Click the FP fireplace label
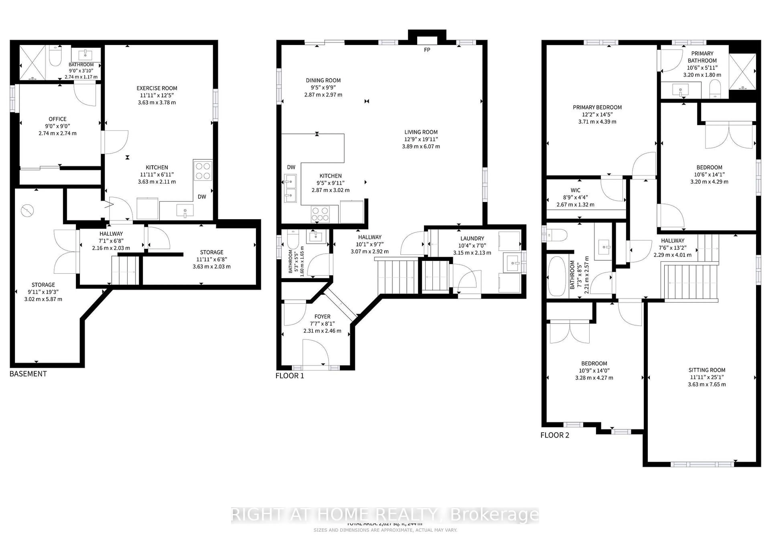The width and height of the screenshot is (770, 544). pos(427,50)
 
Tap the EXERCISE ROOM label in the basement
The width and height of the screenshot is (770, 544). pos(157,88)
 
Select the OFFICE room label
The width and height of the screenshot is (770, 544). pos(57,119)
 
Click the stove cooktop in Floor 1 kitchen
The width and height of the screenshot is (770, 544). pos(320,214)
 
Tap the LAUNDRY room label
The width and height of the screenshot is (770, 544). pos(472,238)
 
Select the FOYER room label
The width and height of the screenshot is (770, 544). pos(322,316)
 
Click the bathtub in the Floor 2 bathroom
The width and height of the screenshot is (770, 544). pos(557,276)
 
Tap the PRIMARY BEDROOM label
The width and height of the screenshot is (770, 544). pos(597,107)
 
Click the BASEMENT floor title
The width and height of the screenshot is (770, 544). pos(28,374)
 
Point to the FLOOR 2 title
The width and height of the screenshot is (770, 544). pos(555,435)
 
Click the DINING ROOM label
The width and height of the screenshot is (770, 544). pos(323,80)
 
